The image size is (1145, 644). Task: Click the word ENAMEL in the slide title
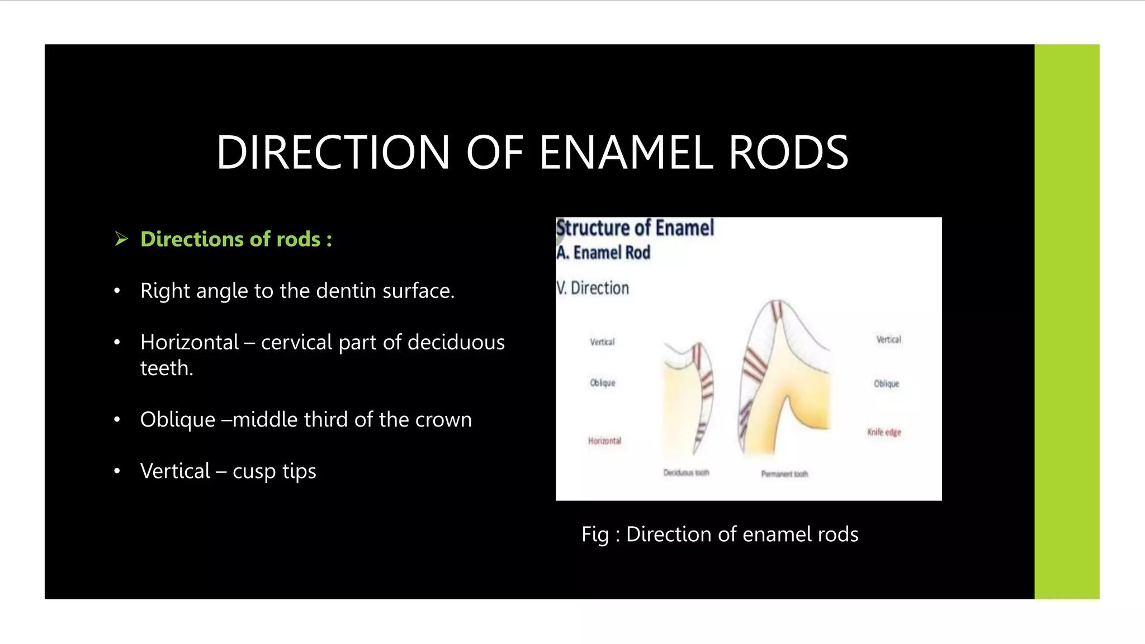[626, 153]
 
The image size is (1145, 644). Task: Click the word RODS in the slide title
[788, 153]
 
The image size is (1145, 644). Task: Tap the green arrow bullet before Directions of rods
[121, 239]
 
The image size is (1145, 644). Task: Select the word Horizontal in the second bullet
[190, 342]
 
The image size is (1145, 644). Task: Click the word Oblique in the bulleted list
[177, 419]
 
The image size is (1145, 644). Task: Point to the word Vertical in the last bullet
[175, 471]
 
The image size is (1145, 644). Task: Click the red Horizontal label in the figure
[604, 441]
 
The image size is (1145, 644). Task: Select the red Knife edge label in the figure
[884, 432]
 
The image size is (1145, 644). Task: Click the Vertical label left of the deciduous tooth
[602, 342]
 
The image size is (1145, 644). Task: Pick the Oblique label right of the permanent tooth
[886, 383]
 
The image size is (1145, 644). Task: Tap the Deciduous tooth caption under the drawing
[686, 473]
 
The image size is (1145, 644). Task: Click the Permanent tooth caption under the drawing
[784, 474]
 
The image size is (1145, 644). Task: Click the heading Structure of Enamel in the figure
[635, 228]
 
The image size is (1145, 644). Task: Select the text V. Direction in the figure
[593, 288]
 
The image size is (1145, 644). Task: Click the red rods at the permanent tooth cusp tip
[777, 310]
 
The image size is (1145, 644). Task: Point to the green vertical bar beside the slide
[1066, 321]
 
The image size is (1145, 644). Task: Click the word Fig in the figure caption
[594, 534]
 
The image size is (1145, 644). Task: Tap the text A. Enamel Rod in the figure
[603, 253]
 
